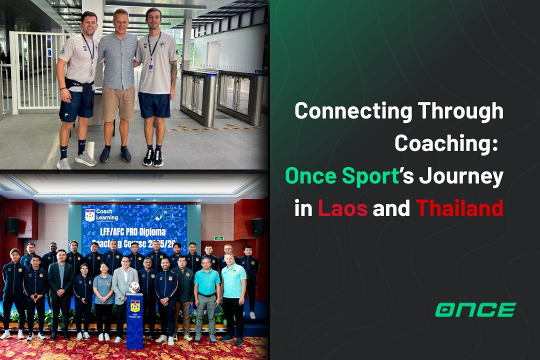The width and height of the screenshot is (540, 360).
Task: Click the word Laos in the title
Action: pos(342,207)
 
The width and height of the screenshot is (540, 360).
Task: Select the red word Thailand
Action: pos(459,207)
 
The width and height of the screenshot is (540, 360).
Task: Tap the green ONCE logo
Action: pos(475,310)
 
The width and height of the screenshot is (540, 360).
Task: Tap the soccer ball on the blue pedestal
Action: pos(134,287)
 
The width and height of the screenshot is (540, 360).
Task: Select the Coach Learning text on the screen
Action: pos(106,214)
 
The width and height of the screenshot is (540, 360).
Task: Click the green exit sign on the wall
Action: pos(218,238)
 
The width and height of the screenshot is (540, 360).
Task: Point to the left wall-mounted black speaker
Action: pos(13,225)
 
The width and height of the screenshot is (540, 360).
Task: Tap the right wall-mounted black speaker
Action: pos(257,226)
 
